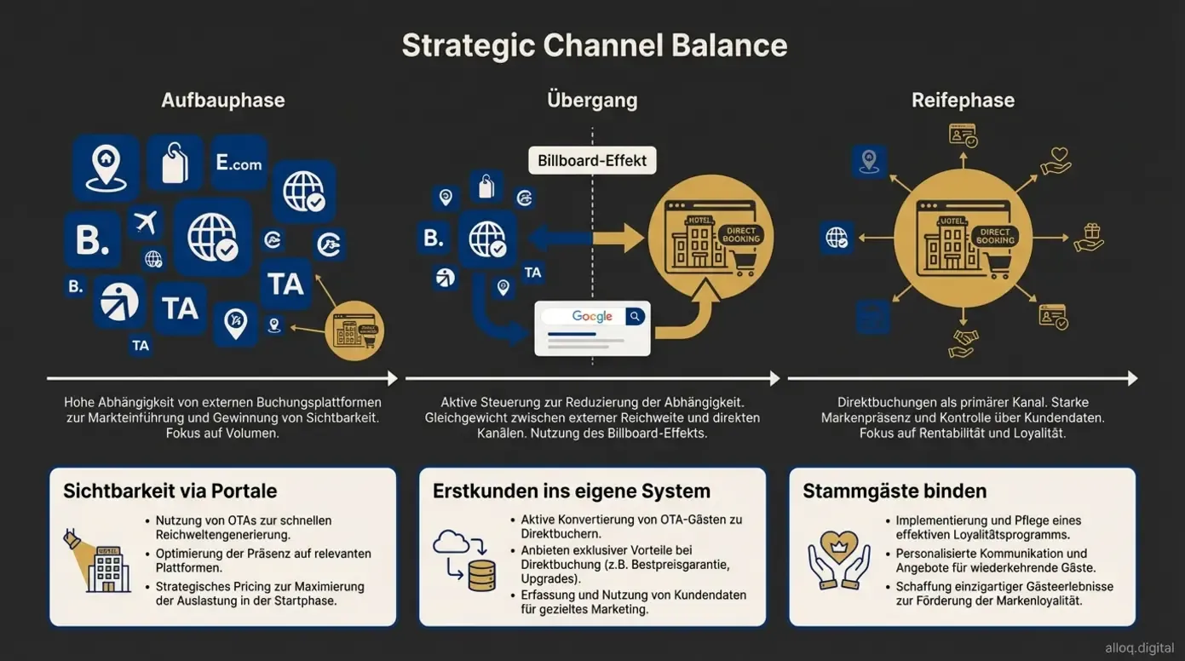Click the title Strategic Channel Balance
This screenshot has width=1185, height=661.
click(x=594, y=45)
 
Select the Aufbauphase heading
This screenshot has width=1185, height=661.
click(x=223, y=100)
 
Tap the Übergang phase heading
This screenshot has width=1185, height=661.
click(x=592, y=100)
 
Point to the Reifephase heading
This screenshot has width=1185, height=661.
click(x=963, y=100)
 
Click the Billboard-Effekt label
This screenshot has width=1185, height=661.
click(x=592, y=160)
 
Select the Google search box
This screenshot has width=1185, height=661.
click(x=592, y=317)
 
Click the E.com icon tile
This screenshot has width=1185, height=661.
click(x=239, y=163)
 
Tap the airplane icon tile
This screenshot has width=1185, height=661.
click(x=146, y=222)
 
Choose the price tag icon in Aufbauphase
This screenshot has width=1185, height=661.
click(x=175, y=163)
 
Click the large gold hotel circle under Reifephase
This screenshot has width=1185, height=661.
click(x=963, y=238)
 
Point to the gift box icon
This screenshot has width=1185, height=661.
click(x=1089, y=238)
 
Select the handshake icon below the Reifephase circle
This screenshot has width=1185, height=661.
click(x=963, y=343)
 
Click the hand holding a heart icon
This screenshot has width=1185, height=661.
click(x=1056, y=160)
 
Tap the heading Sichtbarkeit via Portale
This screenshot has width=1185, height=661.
click(x=170, y=491)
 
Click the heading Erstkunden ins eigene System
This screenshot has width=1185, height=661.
click(x=571, y=491)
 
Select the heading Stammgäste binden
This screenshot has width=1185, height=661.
click(x=895, y=491)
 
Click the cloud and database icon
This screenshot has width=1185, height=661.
click(x=464, y=560)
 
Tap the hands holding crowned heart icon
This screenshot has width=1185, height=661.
click(x=838, y=560)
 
